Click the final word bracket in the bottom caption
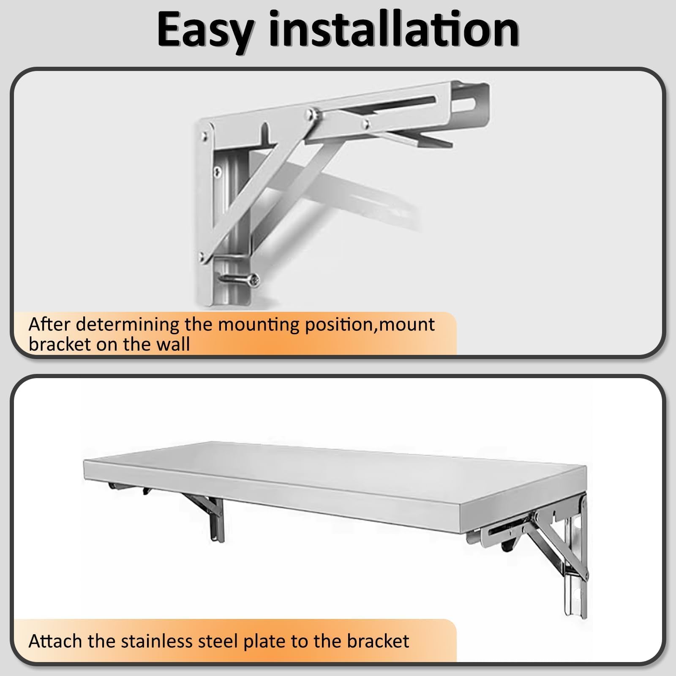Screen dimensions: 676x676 click(x=378, y=641)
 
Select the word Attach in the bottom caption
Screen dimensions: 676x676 click(x=55, y=641)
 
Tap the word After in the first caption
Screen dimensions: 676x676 click(x=50, y=324)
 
